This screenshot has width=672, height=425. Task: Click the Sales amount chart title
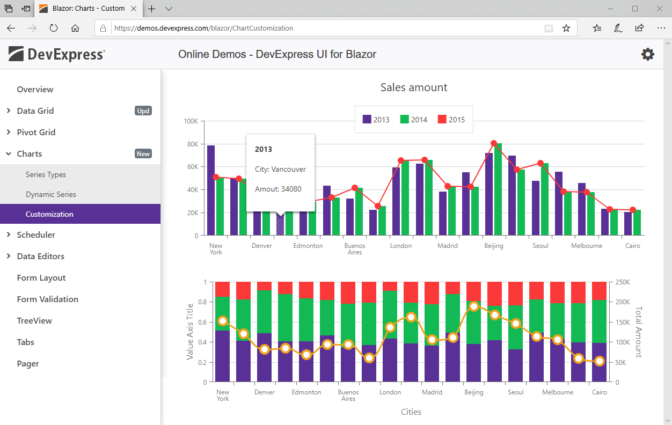[x=414, y=87]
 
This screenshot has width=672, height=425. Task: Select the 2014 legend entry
[x=414, y=119]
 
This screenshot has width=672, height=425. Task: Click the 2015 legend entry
[x=451, y=119]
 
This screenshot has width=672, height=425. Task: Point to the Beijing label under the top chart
[x=493, y=246]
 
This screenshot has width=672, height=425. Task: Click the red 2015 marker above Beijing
[x=494, y=143]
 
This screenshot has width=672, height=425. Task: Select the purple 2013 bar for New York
[x=211, y=190]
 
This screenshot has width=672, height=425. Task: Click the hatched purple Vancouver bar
[x=280, y=223]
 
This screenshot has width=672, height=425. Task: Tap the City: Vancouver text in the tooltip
[x=280, y=169]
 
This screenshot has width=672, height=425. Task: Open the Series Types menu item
[x=46, y=174]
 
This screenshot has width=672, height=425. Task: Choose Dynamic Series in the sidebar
[x=50, y=194]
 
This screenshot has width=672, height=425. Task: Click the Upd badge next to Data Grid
[x=143, y=111]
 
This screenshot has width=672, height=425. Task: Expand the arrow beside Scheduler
[x=9, y=235]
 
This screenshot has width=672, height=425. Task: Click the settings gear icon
[x=648, y=54]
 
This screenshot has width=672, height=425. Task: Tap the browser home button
[x=75, y=28]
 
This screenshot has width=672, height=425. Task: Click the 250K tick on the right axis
[x=623, y=282]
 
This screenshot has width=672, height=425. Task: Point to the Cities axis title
[x=411, y=412]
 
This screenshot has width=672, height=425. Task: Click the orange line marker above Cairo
[x=600, y=361]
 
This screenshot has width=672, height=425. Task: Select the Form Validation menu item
[x=47, y=299]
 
